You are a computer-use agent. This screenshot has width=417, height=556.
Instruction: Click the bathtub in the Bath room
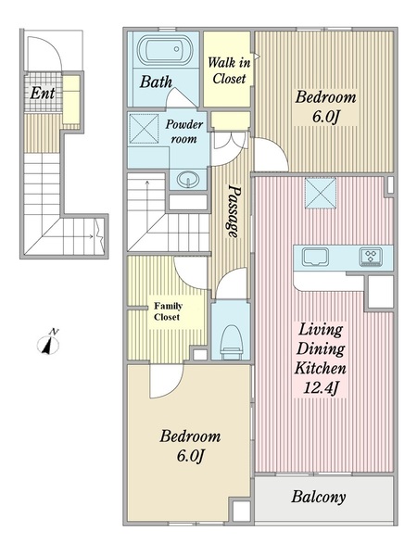tap(165, 50)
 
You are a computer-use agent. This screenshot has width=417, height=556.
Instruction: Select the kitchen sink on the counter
tap(315, 257)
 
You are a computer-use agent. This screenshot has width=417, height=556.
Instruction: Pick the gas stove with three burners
tap(371, 257)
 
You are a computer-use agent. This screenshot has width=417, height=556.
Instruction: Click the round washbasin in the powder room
tap(188, 180)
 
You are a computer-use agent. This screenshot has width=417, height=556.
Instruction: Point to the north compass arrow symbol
tap(48, 343)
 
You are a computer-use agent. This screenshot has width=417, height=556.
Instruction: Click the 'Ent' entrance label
tap(43, 93)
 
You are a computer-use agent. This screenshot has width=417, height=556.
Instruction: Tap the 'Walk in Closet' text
tap(229, 70)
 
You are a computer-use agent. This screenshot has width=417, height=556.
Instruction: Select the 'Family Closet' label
tap(168, 311)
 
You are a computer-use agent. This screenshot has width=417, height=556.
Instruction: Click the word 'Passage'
tap(234, 210)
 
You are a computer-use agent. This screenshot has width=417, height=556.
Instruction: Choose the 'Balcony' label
tap(319, 497)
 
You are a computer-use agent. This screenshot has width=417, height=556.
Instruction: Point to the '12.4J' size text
tap(321, 387)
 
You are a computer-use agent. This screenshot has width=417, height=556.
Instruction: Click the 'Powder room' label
tap(184, 132)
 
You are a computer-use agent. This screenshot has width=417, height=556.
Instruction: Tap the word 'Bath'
tap(156, 82)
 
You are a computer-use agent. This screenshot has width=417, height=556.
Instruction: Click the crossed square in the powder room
tap(144, 129)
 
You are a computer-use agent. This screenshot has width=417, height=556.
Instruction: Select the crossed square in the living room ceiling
tap(321, 193)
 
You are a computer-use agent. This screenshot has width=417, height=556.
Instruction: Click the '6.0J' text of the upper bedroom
tap(325, 117)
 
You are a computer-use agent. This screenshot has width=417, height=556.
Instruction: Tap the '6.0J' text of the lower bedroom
tap(190, 455)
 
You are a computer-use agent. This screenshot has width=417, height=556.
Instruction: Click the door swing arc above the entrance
tap(53, 46)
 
